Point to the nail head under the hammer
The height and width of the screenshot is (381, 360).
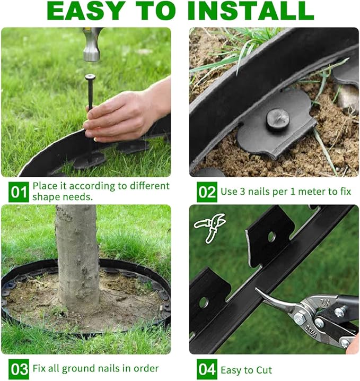tap(90, 77)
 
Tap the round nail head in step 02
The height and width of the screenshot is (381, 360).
tap(277, 119)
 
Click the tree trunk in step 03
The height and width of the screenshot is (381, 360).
tap(77, 255)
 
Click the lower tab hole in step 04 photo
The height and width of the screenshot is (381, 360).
tap(203, 302)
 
